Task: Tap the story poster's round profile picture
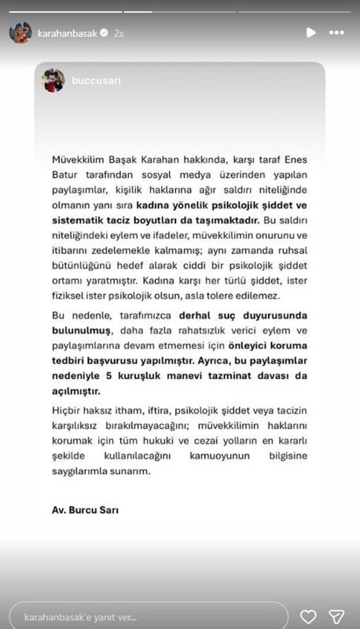pos(20,33)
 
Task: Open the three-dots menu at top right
pos(336,33)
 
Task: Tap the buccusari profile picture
pos(53,80)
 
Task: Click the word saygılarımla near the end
pos(81,473)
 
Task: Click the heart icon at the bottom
pos(308,615)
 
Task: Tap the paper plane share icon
pos(336,615)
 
